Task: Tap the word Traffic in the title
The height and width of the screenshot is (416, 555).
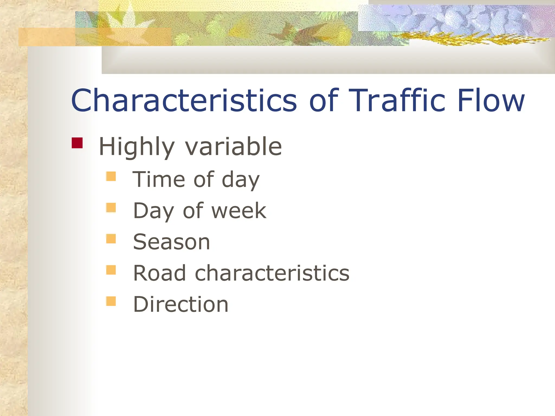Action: (x=397, y=101)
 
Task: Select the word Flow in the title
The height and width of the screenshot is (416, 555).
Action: (x=491, y=101)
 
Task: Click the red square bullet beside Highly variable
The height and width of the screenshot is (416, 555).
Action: (x=77, y=143)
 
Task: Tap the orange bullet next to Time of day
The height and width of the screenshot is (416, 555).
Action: (x=111, y=176)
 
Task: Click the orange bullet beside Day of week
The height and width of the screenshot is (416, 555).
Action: (x=111, y=208)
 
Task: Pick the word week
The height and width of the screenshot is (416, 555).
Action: (x=239, y=211)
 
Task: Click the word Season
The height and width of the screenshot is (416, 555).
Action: (x=172, y=242)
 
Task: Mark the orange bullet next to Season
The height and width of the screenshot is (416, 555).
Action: (x=111, y=239)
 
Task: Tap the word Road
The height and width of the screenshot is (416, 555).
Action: (x=160, y=273)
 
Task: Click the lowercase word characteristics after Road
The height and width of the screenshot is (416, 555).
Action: (x=272, y=273)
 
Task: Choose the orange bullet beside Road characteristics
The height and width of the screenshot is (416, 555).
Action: (x=111, y=270)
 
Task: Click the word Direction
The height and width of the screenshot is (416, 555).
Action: (x=181, y=304)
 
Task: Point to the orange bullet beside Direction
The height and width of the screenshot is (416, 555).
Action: (x=111, y=301)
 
